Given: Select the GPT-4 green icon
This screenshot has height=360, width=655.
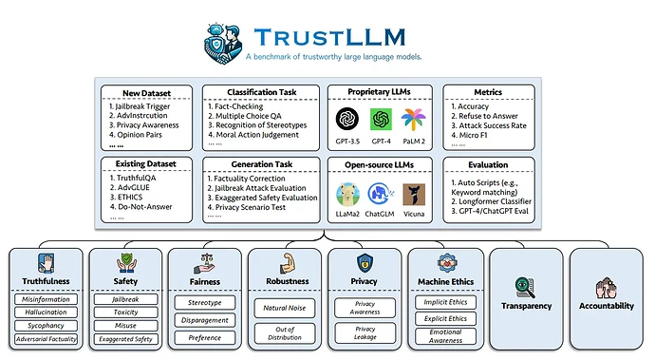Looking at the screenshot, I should pos(381,119).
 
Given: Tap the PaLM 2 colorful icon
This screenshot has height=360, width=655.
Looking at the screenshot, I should pos(414,119).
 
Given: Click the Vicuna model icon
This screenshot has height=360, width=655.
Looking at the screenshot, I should pos(414,195).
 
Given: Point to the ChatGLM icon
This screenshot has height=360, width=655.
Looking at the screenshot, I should pos(381,195).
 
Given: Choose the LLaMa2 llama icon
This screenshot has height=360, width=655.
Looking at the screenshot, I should pos(347,195).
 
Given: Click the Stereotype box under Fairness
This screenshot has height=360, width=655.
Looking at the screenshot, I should pos(205,302).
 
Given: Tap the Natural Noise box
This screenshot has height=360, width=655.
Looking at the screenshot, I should pos(286,306).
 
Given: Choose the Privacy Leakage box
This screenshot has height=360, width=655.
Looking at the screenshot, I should pos(366,332).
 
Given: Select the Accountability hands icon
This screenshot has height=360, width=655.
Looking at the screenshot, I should pos(607,288).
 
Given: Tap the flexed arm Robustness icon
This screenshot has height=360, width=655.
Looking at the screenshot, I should pos(286,263).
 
